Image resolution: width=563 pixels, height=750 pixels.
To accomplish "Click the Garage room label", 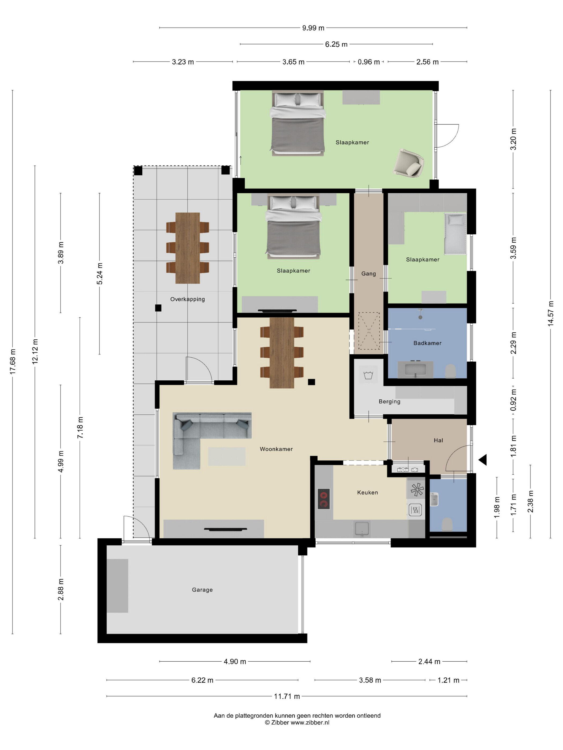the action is pos(202,590).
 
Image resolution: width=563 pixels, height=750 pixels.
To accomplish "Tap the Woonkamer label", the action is pos(276,449).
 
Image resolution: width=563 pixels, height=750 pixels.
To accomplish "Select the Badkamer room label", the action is pos(427,343).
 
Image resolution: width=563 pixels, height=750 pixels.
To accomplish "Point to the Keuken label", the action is pos(368,492).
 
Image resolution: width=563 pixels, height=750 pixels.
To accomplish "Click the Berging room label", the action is pos(390,402).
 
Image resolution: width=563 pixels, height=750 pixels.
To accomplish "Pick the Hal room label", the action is pos(438,440).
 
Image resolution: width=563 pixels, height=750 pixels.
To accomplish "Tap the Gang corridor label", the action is pos(369,274).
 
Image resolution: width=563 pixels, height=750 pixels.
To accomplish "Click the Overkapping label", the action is pos(188,299).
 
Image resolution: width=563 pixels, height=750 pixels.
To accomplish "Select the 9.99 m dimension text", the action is pos(313,28).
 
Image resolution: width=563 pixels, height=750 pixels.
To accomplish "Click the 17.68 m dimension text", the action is pos(13,362).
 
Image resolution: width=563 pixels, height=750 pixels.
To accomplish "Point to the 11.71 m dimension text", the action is pos(287,696).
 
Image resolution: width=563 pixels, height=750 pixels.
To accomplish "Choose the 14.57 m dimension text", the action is pos(550,314).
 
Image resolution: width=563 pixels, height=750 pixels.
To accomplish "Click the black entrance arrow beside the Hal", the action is pos(483,460).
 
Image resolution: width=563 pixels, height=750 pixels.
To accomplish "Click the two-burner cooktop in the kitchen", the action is pos(324,499).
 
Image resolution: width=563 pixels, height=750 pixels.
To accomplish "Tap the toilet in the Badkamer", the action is pos(450,371).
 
